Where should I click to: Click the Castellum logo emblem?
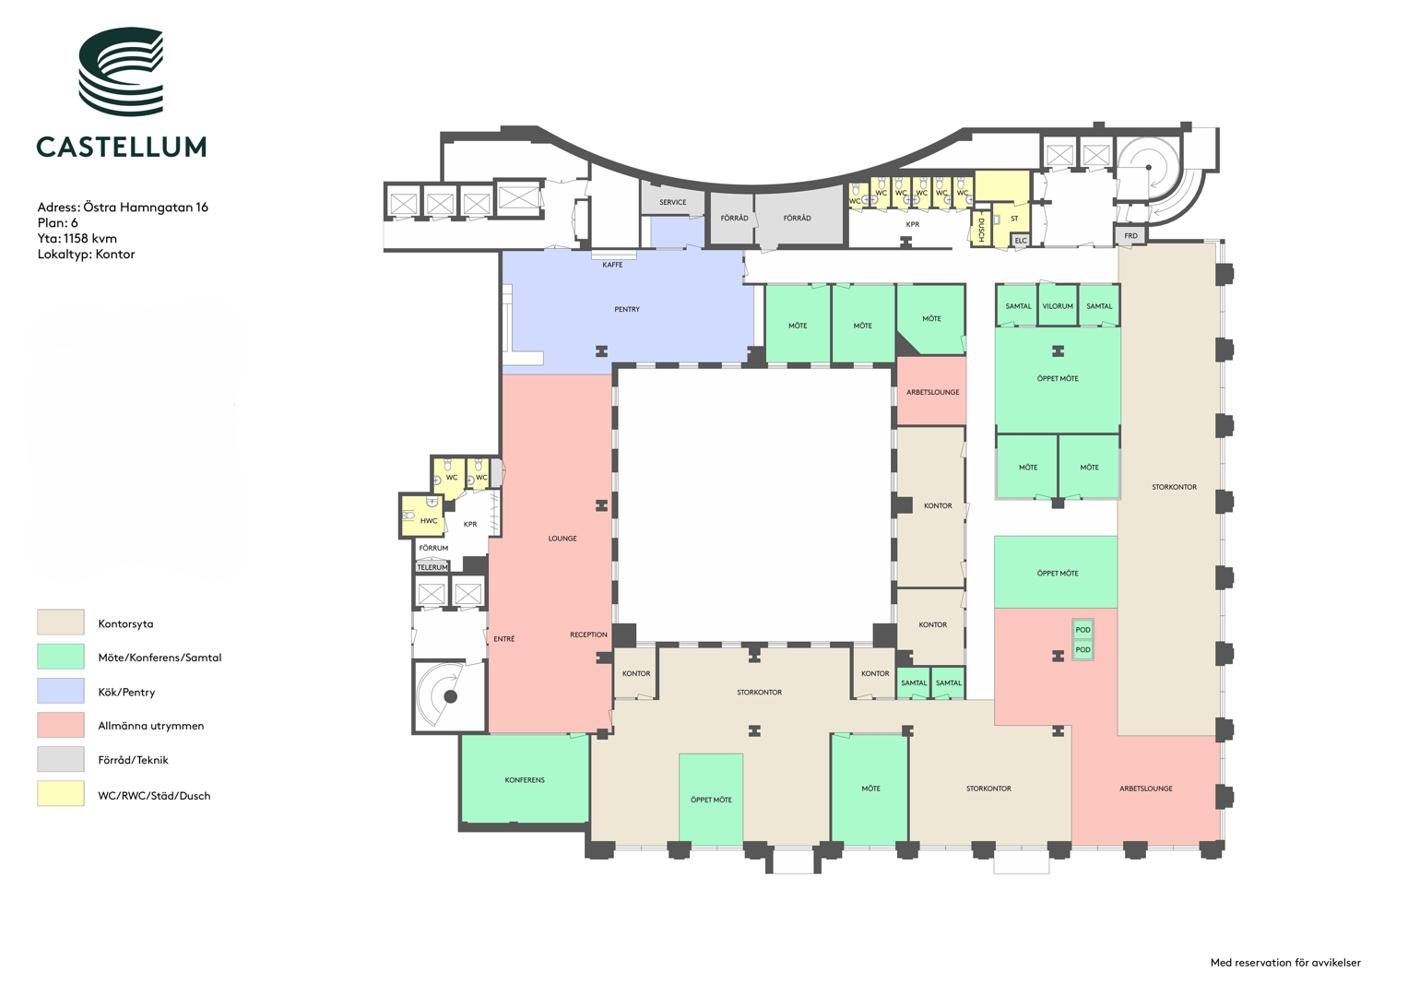coord(121,71)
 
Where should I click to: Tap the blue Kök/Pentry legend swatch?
coord(60,691)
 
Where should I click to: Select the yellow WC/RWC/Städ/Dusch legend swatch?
coord(60,793)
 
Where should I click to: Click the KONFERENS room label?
coord(525,780)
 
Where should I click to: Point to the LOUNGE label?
coord(562,539)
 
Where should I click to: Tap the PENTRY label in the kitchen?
coord(627,309)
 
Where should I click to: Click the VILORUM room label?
coord(1058,306)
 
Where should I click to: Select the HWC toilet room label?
coord(429,521)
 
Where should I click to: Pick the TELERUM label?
coord(432,567)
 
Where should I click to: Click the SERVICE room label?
coord(673,203)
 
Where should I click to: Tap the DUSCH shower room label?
coord(980,231)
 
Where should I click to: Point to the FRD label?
coord(1130,236)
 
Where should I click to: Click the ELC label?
coord(1021,241)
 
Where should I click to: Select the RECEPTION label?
coord(589,634)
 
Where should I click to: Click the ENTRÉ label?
coord(504,639)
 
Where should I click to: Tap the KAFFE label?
coord(613,265)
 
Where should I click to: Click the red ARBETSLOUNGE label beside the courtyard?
coord(933,392)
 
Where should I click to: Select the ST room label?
coord(1014,219)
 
